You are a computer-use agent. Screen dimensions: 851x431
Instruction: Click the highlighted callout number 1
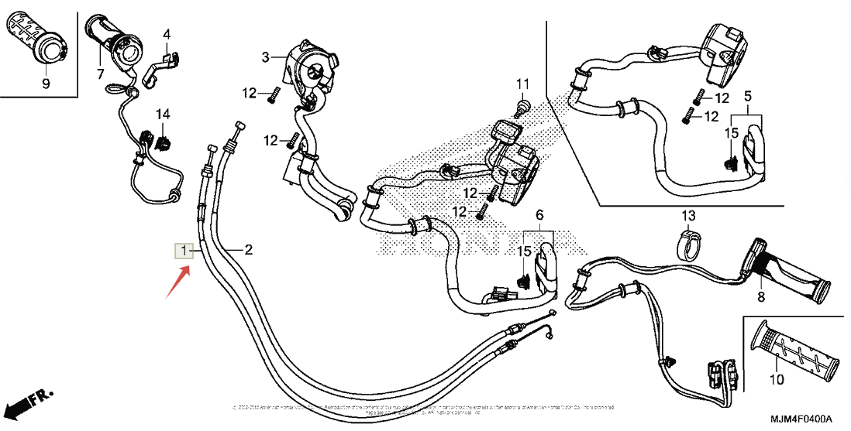(x=184, y=250)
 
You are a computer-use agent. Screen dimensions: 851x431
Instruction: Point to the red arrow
(x=177, y=281)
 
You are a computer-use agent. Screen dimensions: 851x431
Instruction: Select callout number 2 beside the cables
(x=248, y=249)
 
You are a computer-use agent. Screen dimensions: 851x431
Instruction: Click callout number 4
(x=167, y=34)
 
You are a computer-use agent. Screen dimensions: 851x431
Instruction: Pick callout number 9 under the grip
(x=45, y=84)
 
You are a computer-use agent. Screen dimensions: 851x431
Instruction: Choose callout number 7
(x=100, y=74)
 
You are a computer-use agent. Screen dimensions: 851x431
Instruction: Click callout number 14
(x=162, y=114)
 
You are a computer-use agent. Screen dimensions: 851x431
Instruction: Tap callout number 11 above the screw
(x=522, y=84)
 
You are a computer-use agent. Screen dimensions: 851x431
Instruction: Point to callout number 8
(x=760, y=296)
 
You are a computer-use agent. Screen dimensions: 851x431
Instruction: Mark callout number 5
(x=748, y=96)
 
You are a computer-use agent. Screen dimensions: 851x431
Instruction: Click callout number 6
(x=539, y=214)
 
